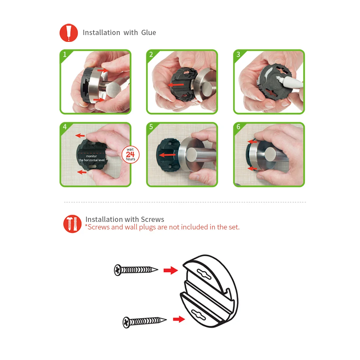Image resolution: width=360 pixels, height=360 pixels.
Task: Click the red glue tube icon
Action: pos(69,33)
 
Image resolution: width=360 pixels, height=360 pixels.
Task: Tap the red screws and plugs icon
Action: pos(72,224)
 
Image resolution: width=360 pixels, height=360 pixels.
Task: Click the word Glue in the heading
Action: pos(149,33)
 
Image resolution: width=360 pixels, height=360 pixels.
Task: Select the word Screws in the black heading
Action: pos(153,219)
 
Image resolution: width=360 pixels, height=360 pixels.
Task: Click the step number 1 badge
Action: pos(65,54)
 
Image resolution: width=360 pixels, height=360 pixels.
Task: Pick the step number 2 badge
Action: pos(151,54)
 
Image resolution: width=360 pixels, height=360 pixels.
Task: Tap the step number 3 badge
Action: pos(238,54)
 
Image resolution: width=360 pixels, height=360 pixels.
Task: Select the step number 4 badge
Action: pos(65,127)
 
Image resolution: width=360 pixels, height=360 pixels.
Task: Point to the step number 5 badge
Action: pos(151,127)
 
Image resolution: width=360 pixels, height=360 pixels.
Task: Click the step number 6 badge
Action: pos(238,127)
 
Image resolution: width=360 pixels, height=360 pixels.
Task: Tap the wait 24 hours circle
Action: pos(130,154)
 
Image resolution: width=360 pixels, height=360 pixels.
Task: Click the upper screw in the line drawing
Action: pos(136,270)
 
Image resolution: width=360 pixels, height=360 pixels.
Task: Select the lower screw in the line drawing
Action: pos(144,322)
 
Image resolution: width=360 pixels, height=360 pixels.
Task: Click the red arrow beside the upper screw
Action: pos(171,270)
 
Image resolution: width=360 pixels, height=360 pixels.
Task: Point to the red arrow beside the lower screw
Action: pos(179,319)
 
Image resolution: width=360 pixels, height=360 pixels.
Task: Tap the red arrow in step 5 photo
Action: pos(167,155)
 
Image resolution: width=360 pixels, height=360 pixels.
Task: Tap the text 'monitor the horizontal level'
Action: pos(92,158)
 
